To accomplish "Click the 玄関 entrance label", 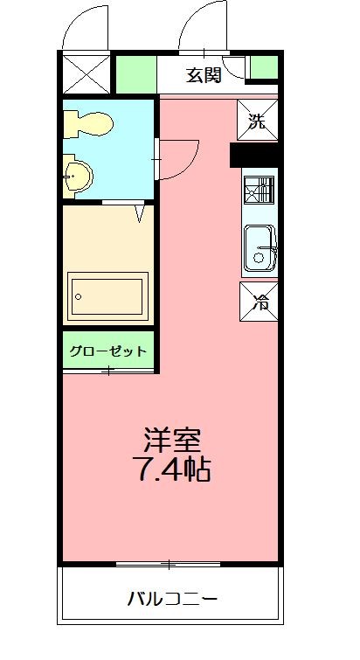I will (203, 74).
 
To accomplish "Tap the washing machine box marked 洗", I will (257, 121).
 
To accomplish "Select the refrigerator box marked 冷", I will (260, 302).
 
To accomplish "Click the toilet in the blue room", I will (89, 123).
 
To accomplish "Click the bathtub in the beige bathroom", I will (107, 296).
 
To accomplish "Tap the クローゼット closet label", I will (107, 351).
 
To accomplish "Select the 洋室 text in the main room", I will (172, 437).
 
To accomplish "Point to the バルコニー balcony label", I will (172, 600).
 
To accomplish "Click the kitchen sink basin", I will (260, 248).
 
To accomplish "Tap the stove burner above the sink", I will (259, 190).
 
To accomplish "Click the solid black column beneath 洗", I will (253, 156).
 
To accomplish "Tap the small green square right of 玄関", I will (263, 67).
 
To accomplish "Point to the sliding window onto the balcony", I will (169, 564).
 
